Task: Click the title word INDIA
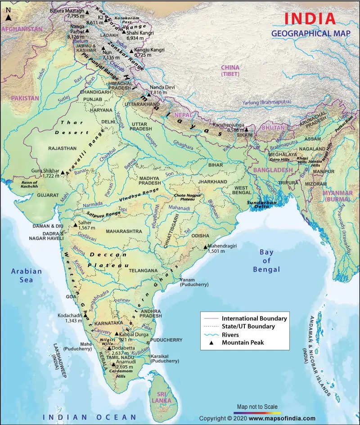click(x=310, y=18)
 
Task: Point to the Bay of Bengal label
click(x=266, y=261)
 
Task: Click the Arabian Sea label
click(x=27, y=275)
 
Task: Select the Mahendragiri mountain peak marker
click(x=205, y=247)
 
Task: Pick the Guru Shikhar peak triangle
click(x=63, y=172)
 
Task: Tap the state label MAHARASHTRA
click(x=124, y=231)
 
